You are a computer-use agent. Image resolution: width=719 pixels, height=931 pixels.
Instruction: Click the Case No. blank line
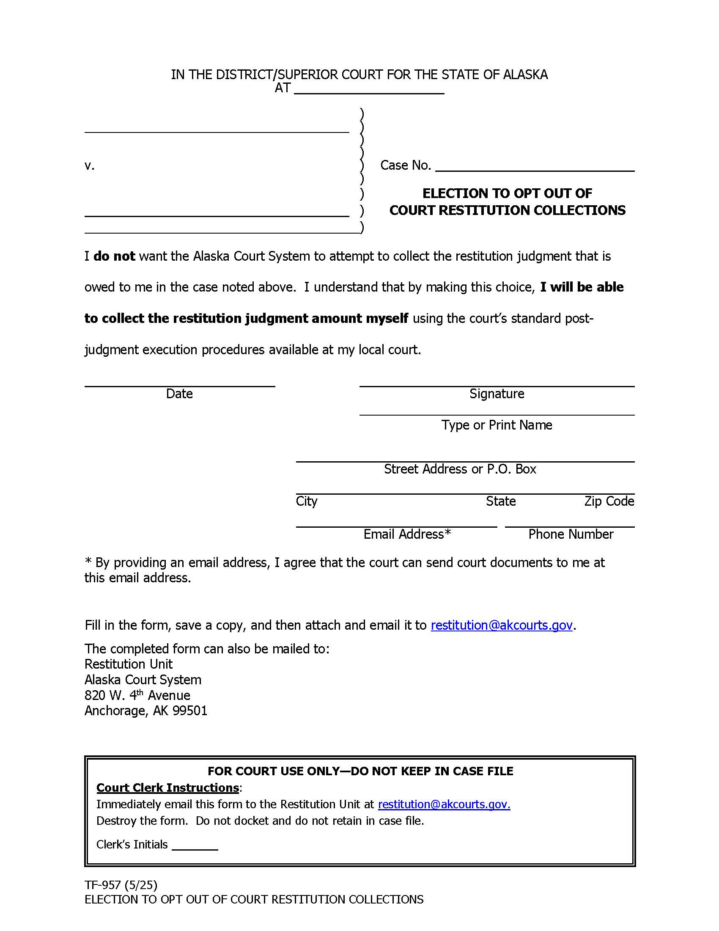pyautogui.click(x=535, y=166)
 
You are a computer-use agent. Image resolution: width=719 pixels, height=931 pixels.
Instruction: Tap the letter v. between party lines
pyautogui.click(x=89, y=166)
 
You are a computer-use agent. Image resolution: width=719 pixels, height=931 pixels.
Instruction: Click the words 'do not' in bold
pyautogui.click(x=114, y=256)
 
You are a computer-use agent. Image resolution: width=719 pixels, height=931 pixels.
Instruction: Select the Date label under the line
pyautogui.click(x=179, y=394)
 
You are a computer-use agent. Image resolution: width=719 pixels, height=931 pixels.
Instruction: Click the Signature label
pyautogui.click(x=497, y=394)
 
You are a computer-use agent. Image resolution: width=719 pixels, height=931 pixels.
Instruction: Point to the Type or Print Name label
pyautogui.click(x=497, y=425)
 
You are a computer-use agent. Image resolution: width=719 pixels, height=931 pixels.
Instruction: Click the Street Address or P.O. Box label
pyautogui.click(x=460, y=469)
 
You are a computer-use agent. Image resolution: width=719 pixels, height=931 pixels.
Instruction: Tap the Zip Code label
pyautogui.click(x=609, y=501)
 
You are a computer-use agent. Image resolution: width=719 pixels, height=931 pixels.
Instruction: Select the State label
pyautogui.click(x=501, y=501)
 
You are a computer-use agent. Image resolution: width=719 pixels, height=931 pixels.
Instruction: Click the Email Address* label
pyautogui.click(x=407, y=534)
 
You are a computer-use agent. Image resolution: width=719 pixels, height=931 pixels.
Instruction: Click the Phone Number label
pyautogui.click(x=571, y=534)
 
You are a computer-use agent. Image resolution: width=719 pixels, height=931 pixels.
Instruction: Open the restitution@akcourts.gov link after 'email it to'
pyautogui.click(x=502, y=625)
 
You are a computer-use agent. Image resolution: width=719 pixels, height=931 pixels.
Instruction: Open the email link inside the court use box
pyautogui.click(x=444, y=804)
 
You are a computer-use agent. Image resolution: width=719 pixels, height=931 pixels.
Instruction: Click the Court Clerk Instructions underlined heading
pyautogui.click(x=167, y=788)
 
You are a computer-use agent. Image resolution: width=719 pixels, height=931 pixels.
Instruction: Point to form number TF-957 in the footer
pyautogui.click(x=103, y=885)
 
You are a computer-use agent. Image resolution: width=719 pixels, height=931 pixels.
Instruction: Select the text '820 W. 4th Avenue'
pyautogui.click(x=137, y=695)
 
